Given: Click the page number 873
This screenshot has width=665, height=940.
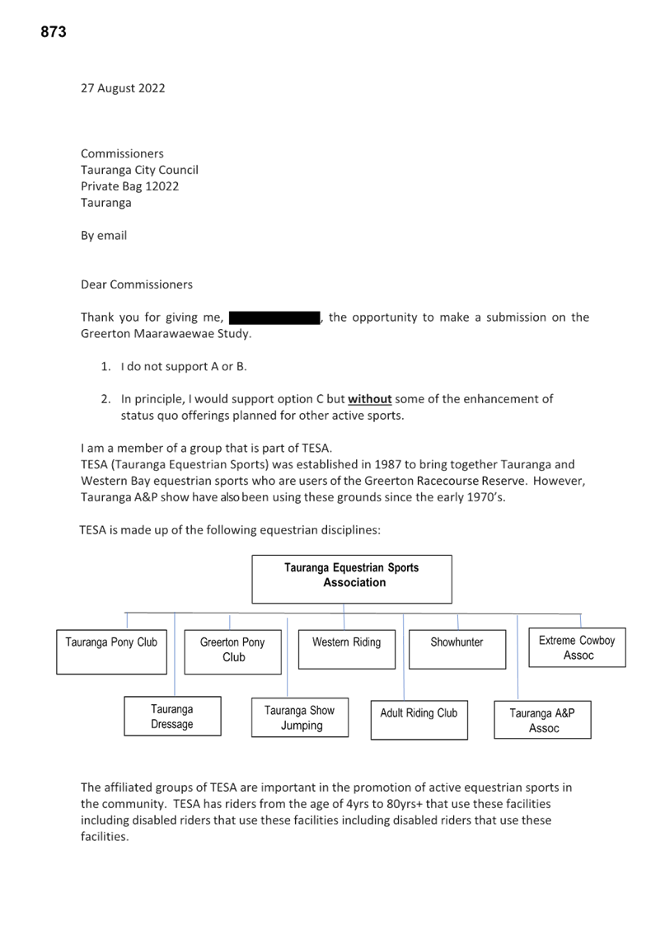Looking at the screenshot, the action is (54, 32).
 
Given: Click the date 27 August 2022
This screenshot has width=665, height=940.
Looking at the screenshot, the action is (123, 88).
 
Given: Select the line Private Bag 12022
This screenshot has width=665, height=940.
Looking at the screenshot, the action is (130, 186).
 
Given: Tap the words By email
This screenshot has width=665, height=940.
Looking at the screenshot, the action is (104, 236).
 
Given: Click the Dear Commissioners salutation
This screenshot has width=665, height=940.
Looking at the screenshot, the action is (137, 284).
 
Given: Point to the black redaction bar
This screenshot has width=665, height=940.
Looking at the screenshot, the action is (275, 317).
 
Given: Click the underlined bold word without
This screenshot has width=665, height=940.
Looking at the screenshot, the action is (370, 399).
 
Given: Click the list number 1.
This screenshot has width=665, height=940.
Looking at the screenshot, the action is (106, 367).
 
